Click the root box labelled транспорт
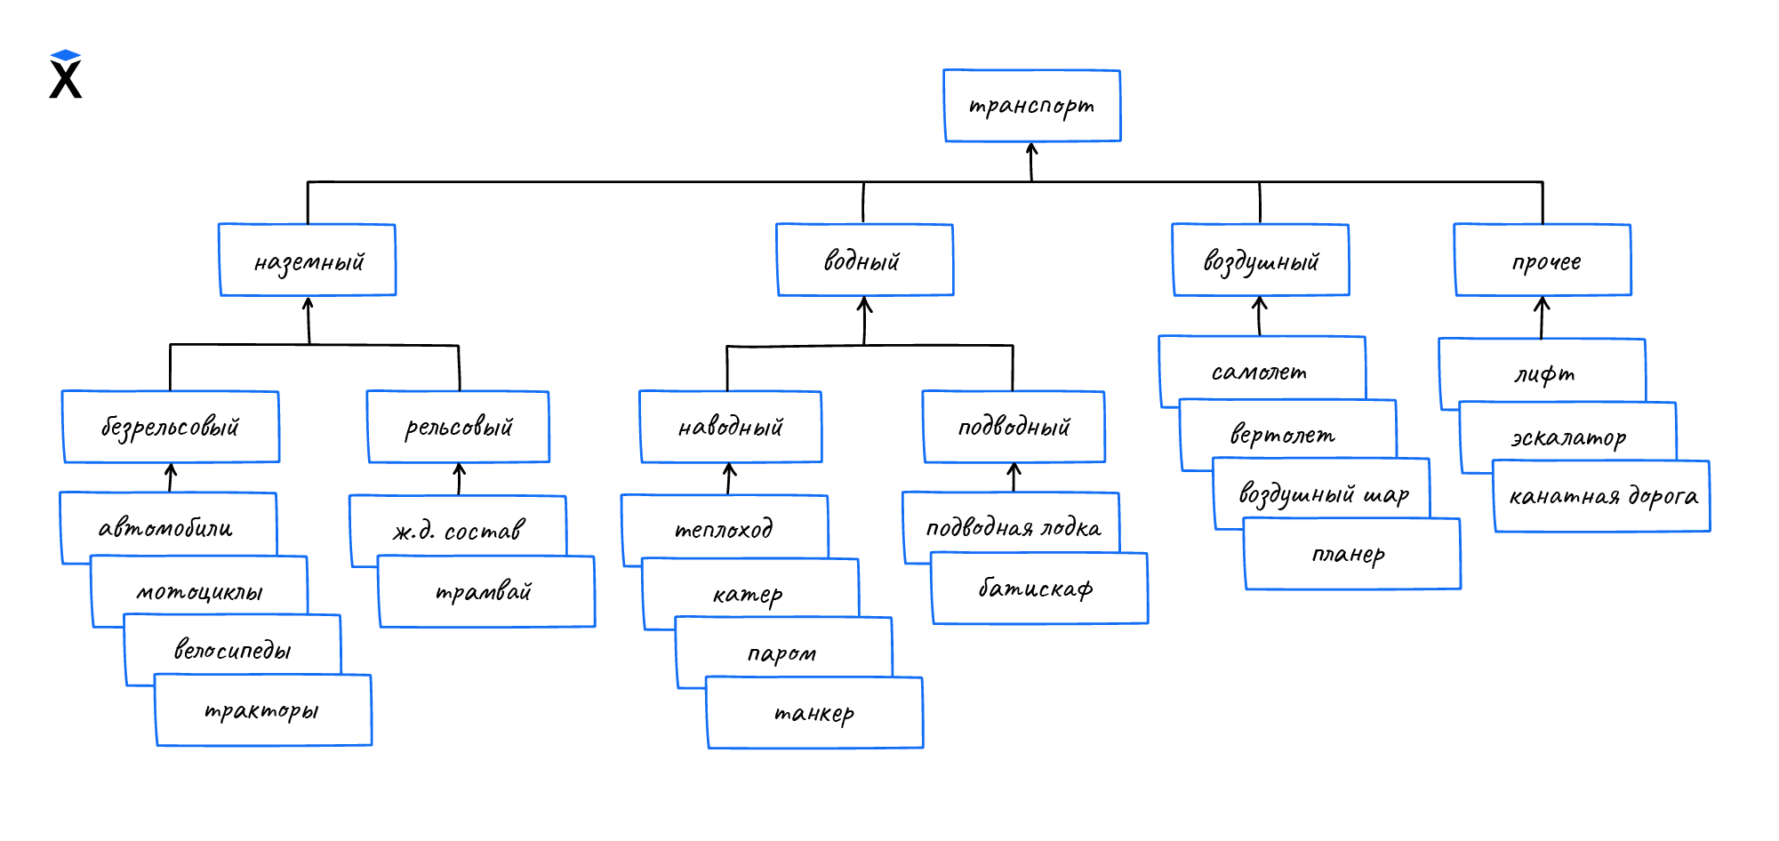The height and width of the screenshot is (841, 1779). coord(1031,106)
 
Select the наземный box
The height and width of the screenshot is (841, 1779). coord(308,260)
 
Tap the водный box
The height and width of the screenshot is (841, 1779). coord(864,260)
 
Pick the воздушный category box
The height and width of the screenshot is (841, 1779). coord(1260,260)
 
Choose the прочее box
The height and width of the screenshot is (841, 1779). coord(1543,260)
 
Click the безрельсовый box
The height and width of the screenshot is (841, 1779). coord(171,427)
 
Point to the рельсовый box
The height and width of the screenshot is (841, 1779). coord(459,427)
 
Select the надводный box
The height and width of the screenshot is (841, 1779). coord(730,427)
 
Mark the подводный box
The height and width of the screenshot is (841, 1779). coord(1014,427)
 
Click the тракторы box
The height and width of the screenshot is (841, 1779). coord(263,710)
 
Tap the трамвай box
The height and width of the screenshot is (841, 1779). coord(486,592)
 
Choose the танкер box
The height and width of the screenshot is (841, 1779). coord(814,713)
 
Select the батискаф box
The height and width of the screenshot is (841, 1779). coord(1038,589)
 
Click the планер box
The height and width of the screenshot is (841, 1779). coord(1351,555)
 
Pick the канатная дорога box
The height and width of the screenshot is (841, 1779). coord(1602,496)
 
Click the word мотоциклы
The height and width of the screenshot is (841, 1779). coord(199,592)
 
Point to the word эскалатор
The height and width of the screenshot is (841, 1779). coord(1568,437)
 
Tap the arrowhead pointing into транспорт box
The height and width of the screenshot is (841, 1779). coord(1031,148)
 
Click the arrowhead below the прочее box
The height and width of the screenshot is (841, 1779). coord(1542,304)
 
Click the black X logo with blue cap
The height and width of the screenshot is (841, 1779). coord(66,75)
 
